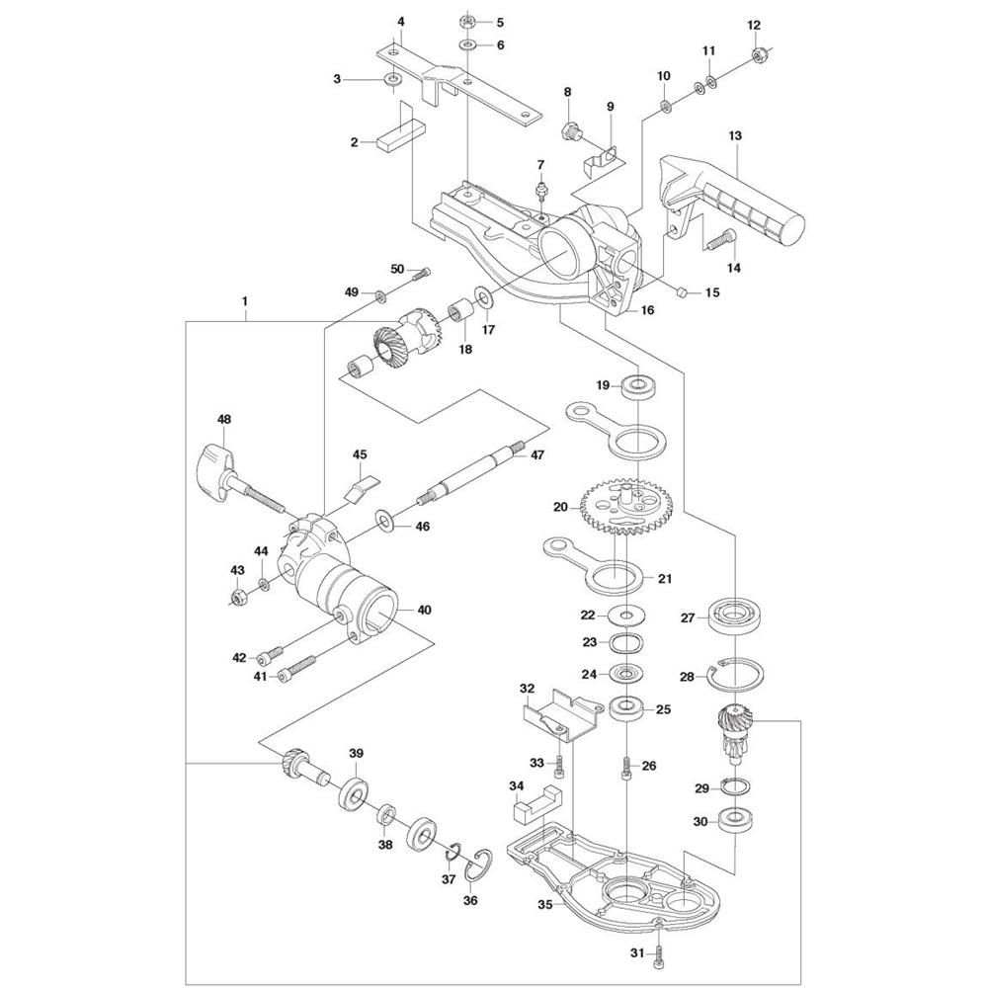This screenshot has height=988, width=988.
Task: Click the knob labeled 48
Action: coord(239,481)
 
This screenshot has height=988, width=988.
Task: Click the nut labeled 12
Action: coord(759,54)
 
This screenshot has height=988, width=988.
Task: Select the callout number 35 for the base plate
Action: coord(545,904)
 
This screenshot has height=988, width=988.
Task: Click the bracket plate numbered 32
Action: coord(562,714)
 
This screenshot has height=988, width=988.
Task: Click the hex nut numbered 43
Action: coord(238,595)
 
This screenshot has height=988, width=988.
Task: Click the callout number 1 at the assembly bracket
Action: coord(244,301)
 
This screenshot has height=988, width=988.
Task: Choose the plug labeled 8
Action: coord(572,131)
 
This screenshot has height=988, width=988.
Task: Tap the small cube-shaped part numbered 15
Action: coord(681,291)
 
